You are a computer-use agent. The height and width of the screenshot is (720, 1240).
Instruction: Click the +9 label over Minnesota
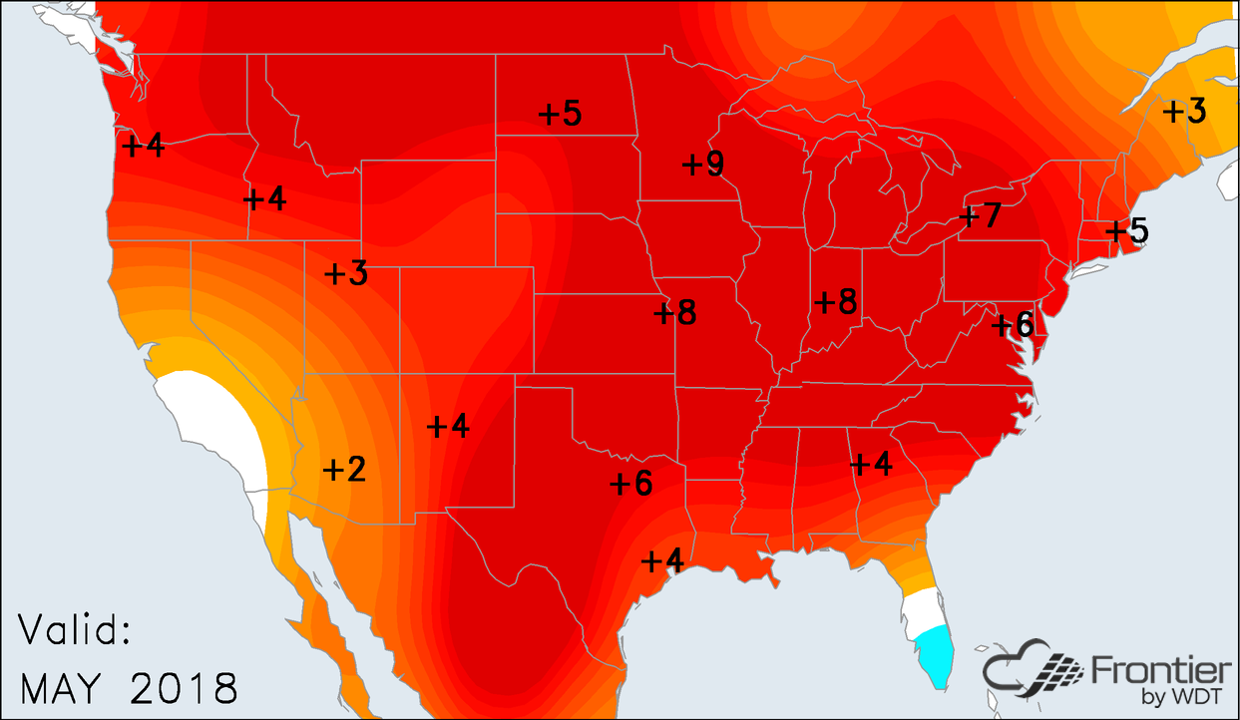click(x=703, y=164)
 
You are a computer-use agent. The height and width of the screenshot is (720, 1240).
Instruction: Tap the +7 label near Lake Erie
click(x=980, y=215)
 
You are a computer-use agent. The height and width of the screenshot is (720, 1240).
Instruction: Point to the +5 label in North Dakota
click(x=560, y=114)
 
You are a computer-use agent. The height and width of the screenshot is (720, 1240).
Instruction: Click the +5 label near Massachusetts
click(x=1127, y=231)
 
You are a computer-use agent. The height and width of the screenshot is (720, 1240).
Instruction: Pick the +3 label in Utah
click(x=346, y=273)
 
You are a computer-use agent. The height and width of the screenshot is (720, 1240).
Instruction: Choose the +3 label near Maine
click(x=1185, y=111)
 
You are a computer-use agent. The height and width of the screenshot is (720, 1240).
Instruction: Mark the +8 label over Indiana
click(x=836, y=301)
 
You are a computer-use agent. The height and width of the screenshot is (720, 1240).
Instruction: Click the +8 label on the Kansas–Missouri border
click(x=675, y=313)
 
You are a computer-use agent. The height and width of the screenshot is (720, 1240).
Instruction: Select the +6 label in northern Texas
click(x=630, y=484)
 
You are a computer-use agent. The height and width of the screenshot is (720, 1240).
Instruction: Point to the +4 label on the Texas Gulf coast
click(x=662, y=561)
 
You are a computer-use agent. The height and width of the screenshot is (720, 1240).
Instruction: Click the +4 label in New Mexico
click(x=448, y=426)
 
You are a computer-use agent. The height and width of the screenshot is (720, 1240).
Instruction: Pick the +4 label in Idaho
click(x=265, y=198)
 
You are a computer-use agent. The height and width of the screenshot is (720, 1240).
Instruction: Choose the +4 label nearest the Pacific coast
click(x=142, y=145)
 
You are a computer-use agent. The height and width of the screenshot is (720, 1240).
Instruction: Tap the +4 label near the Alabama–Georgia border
click(x=871, y=464)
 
